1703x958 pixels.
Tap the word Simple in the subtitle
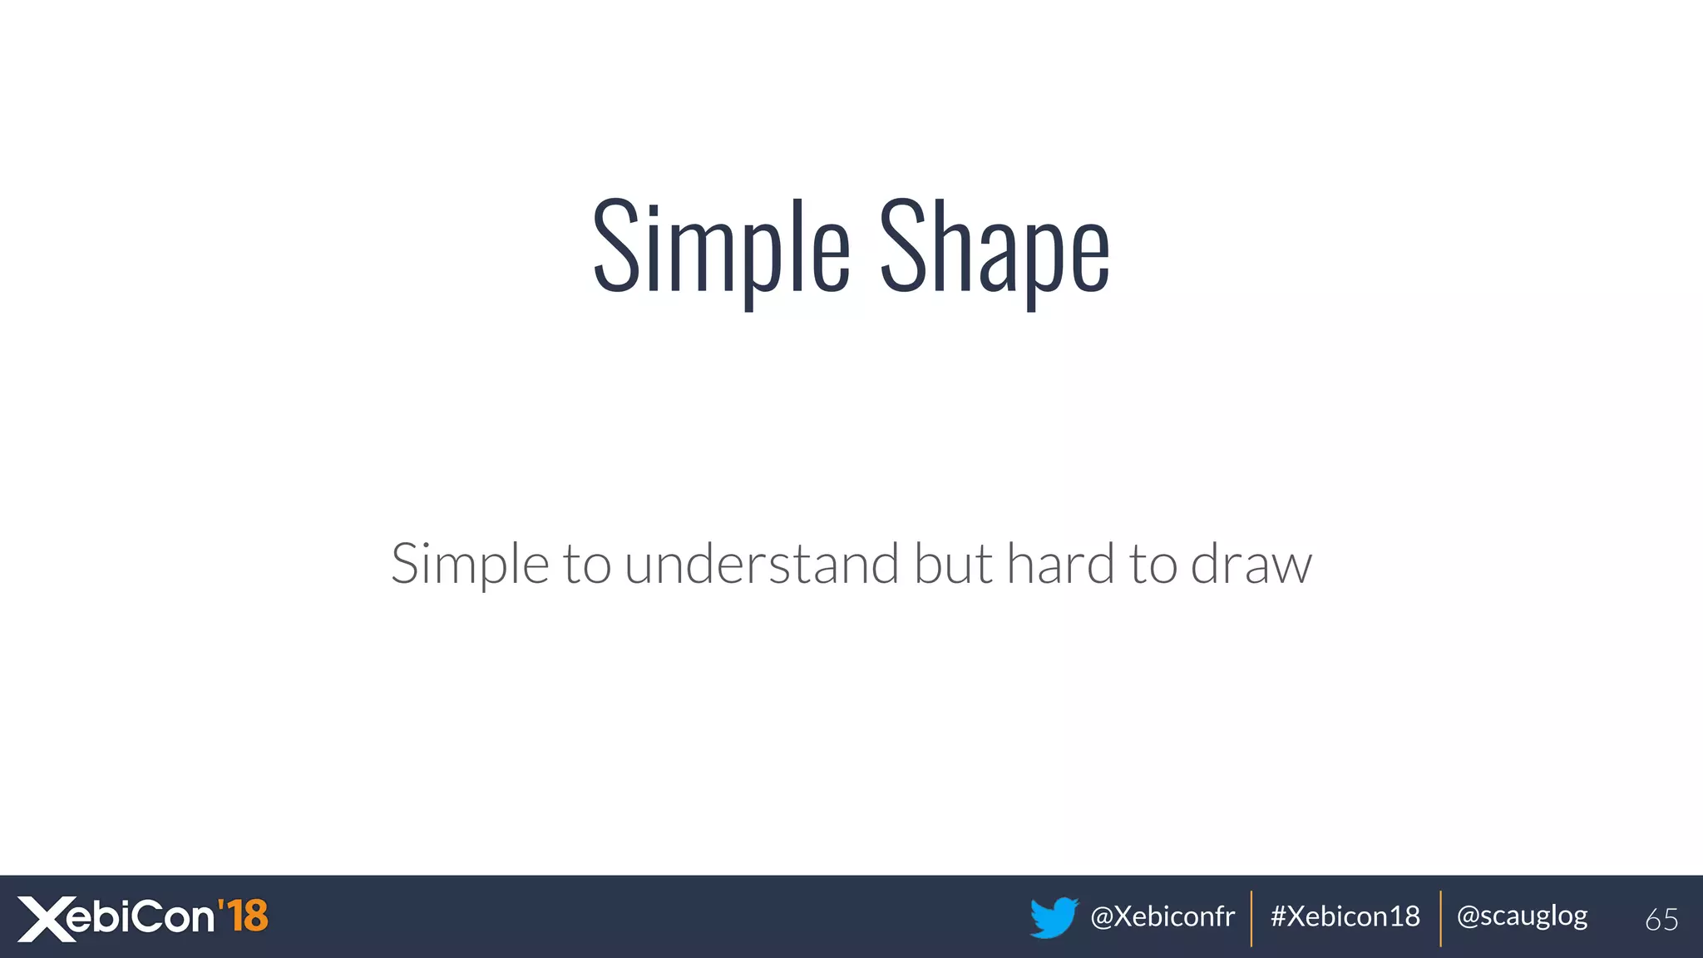pos(470,565)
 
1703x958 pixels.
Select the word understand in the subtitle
pos(762,565)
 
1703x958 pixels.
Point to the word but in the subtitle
pos(953,565)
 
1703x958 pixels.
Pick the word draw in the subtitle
pos(1251,565)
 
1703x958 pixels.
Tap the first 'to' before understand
pos(587,565)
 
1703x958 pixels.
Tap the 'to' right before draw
pos(1153,565)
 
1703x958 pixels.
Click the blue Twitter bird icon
pos(1054,917)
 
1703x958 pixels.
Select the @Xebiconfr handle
pos(1162,916)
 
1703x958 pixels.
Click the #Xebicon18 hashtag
pos(1345,916)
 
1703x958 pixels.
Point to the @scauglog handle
pos(1522,916)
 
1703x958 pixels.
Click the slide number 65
pos(1661,920)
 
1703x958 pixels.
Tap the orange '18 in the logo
pos(243,916)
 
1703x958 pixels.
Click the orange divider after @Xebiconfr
pos(1251,918)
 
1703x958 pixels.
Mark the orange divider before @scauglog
pos(1441,918)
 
